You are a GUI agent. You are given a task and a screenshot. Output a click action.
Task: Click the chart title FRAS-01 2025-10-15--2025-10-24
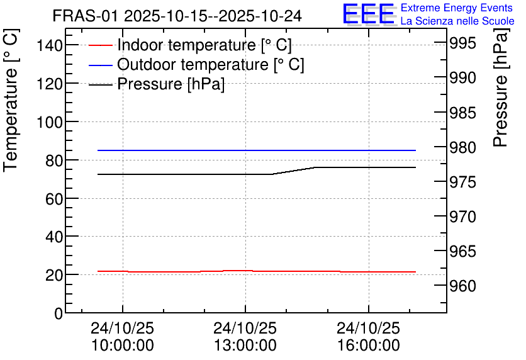click(177, 16)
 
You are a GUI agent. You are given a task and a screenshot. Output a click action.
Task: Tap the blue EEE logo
click(369, 14)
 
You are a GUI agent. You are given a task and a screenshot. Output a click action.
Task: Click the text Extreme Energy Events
click(457, 8)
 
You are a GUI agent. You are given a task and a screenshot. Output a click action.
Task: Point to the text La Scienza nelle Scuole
click(457, 21)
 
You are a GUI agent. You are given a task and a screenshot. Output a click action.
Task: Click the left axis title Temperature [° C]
click(11, 101)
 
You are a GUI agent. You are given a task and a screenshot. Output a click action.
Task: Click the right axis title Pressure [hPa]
click(500, 87)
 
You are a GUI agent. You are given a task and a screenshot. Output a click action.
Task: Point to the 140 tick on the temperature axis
click(50, 45)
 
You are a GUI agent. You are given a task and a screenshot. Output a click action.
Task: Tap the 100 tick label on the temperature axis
click(50, 122)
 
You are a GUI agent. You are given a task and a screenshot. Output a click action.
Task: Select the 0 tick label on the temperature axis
click(59, 313)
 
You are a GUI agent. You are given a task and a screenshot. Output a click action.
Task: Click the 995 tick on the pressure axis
click(462, 43)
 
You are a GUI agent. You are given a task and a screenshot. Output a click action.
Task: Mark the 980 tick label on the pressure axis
click(462, 147)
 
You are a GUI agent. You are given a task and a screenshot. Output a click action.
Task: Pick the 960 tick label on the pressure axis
click(462, 286)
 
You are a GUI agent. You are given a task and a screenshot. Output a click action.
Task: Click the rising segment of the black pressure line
click(294, 171)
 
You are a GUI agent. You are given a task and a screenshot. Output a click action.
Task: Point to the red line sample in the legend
click(100, 45)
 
